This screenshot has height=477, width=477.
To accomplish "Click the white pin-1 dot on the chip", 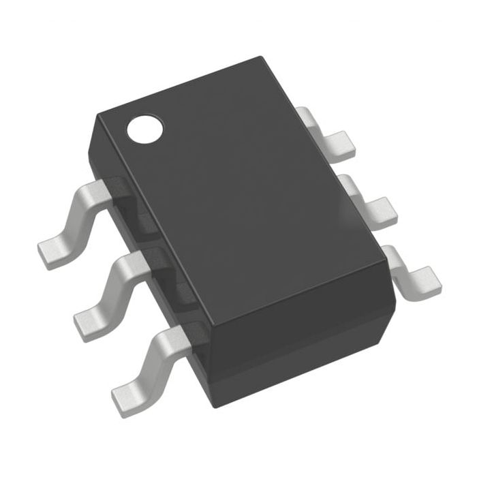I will coord(147,129).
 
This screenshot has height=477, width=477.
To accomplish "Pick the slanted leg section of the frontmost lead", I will coord(153,358).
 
